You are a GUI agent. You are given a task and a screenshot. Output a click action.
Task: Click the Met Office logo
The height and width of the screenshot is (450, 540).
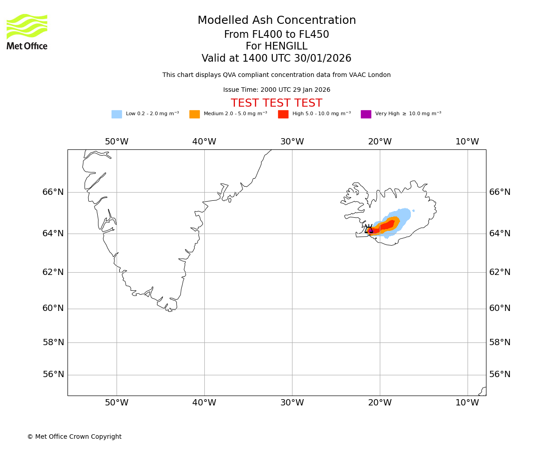(27, 31)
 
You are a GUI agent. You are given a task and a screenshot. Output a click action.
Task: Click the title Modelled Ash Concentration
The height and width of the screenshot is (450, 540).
(276, 21)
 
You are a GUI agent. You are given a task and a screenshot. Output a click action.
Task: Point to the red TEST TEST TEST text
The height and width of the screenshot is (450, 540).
(276, 103)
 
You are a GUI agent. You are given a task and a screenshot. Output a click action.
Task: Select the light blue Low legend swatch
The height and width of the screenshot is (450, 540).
(117, 114)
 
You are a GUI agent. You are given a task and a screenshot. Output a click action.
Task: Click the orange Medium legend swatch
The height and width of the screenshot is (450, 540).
(194, 114)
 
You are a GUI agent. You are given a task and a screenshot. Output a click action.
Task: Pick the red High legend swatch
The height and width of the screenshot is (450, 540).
(283, 114)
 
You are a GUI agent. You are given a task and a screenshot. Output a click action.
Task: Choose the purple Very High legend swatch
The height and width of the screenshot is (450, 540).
(366, 114)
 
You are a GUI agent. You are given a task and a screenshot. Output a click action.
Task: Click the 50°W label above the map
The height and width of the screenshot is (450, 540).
(117, 142)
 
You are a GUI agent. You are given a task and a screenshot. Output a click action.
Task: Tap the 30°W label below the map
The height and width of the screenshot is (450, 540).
(292, 403)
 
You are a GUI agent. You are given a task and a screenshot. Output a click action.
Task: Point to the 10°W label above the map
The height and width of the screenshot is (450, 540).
(467, 142)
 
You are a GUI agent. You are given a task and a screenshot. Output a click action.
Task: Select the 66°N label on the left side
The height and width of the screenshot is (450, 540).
(53, 192)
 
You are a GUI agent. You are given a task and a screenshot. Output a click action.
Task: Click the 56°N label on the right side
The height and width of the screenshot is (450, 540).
(500, 374)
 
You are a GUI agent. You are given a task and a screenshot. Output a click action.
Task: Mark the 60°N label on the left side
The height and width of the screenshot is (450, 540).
(53, 308)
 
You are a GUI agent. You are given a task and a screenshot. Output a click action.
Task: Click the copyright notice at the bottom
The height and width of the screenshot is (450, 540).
(74, 437)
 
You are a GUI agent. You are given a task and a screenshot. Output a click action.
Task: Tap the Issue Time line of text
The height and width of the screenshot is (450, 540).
(276, 90)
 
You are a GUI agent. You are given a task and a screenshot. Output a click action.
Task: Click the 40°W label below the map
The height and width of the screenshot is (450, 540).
(204, 403)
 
